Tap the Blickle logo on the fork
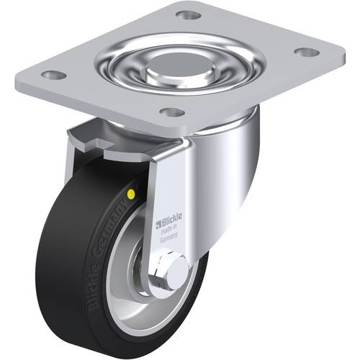point(168,213)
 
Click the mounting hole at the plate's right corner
point(305,53)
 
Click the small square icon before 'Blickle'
point(159,213)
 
